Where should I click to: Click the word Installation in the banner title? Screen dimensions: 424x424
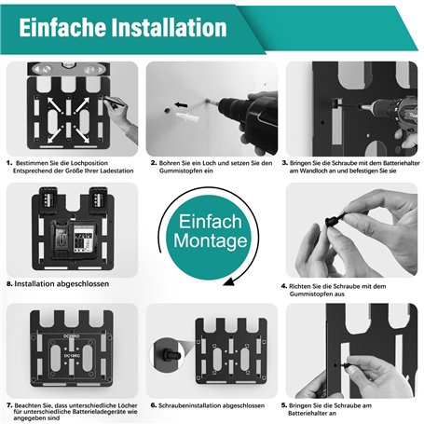(169, 27)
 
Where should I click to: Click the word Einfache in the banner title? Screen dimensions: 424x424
(62, 27)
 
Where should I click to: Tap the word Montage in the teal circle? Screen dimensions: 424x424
(211, 241)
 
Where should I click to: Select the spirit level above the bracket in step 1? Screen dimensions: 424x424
(69, 69)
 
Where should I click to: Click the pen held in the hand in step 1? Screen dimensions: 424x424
(114, 103)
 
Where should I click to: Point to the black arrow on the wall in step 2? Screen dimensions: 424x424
(181, 105)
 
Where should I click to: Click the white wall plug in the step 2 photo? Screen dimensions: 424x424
(187, 117)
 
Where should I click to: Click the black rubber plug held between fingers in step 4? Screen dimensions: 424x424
(335, 219)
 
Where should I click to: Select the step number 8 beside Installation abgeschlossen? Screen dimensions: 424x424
(9, 284)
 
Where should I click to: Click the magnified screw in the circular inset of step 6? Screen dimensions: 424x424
(171, 355)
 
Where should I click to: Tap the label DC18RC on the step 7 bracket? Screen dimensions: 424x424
(72, 355)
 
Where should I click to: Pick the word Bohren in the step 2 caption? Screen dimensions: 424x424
(170, 163)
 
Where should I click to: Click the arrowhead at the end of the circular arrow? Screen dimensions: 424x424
(228, 281)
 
